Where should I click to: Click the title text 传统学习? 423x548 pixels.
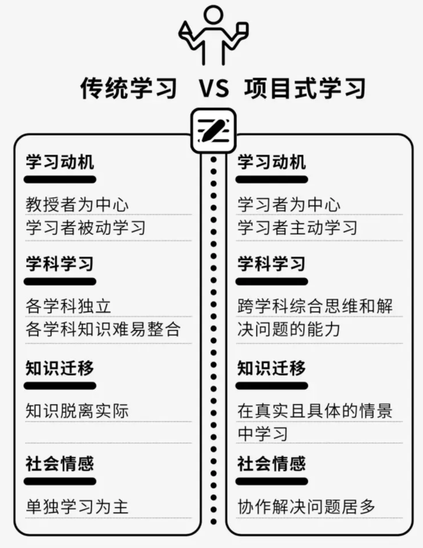coord(129,88)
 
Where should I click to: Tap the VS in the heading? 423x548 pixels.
coord(214,88)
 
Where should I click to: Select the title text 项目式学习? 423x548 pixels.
coord(305,88)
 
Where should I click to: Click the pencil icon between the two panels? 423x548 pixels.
coord(213,131)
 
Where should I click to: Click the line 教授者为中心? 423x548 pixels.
coord(77,204)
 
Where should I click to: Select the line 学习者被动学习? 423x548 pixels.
coord(86,227)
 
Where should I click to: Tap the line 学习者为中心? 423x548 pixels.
coord(289,204)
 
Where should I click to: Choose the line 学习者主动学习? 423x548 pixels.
coord(298,227)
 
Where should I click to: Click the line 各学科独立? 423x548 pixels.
coord(69,306)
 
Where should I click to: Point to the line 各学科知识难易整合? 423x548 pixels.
coord(103,329)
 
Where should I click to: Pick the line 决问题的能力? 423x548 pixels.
coord(289,329)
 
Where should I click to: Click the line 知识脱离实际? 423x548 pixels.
coord(77,411)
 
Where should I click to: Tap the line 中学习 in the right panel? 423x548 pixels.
coord(263,434)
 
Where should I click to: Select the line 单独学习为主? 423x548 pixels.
coord(77,507)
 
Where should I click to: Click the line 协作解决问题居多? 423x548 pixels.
coord(306,507)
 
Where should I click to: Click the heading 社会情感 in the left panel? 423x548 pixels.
coord(60,463)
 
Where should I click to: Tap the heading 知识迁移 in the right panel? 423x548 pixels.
coord(271,368)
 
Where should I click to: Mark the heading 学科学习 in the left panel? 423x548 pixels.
coord(60,263)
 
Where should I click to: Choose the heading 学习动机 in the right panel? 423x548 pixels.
coord(271,162)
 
